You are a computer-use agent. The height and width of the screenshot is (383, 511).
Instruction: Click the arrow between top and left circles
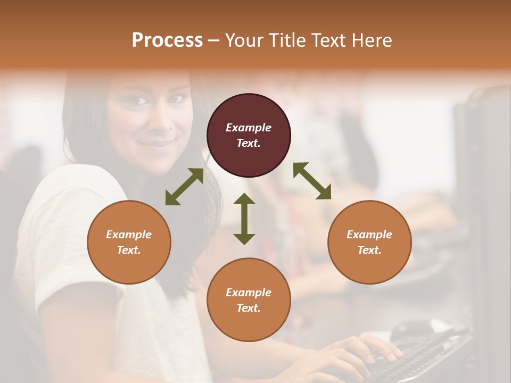coord(184,187)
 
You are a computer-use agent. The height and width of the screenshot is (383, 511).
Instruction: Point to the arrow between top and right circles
coord(312,181)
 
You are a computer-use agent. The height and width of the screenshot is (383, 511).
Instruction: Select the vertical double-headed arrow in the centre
coord(244,219)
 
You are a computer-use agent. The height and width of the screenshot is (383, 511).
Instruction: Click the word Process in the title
coord(167,40)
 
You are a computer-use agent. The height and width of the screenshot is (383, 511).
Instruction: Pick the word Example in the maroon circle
coord(249,128)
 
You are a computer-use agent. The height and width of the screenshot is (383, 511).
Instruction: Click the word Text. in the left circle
coord(129,250)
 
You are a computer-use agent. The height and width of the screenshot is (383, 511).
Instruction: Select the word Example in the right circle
coord(369,235)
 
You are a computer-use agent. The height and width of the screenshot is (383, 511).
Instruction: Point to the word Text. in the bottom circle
coord(249,308)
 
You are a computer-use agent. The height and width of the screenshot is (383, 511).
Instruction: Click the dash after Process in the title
coord(213,40)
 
